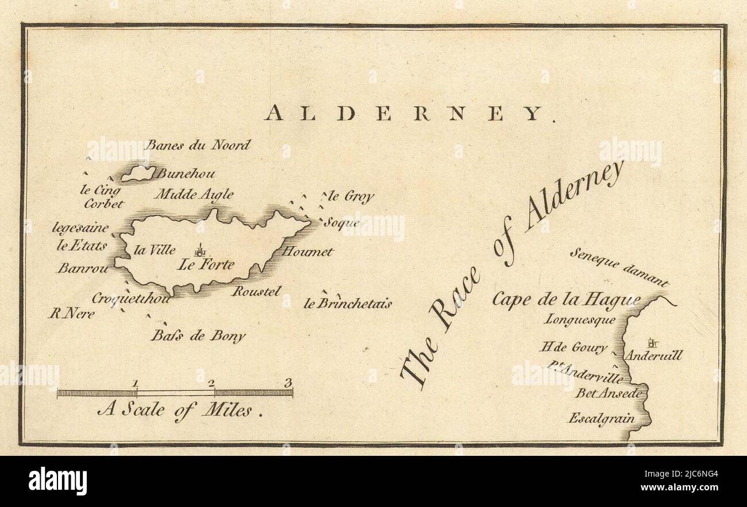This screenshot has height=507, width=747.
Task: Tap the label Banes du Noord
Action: click(198, 145)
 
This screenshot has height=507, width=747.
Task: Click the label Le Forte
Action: click(206, 265)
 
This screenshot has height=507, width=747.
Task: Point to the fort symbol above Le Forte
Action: click(200, 250)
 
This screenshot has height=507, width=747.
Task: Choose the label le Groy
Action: click(351, 197)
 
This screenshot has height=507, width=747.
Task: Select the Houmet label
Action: click(307, 251)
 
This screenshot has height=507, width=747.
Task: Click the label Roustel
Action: click(256, 291)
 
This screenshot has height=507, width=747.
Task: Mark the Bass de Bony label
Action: click(198, 336)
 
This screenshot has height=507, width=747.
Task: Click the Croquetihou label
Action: click(131, 298)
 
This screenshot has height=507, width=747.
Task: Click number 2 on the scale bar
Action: click(211, 383)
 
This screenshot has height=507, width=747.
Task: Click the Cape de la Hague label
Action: click(565, 299)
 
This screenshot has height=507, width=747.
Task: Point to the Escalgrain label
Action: click(602, 418)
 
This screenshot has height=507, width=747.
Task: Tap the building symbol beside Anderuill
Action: click(652, 343)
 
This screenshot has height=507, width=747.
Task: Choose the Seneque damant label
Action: click(620, 267)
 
